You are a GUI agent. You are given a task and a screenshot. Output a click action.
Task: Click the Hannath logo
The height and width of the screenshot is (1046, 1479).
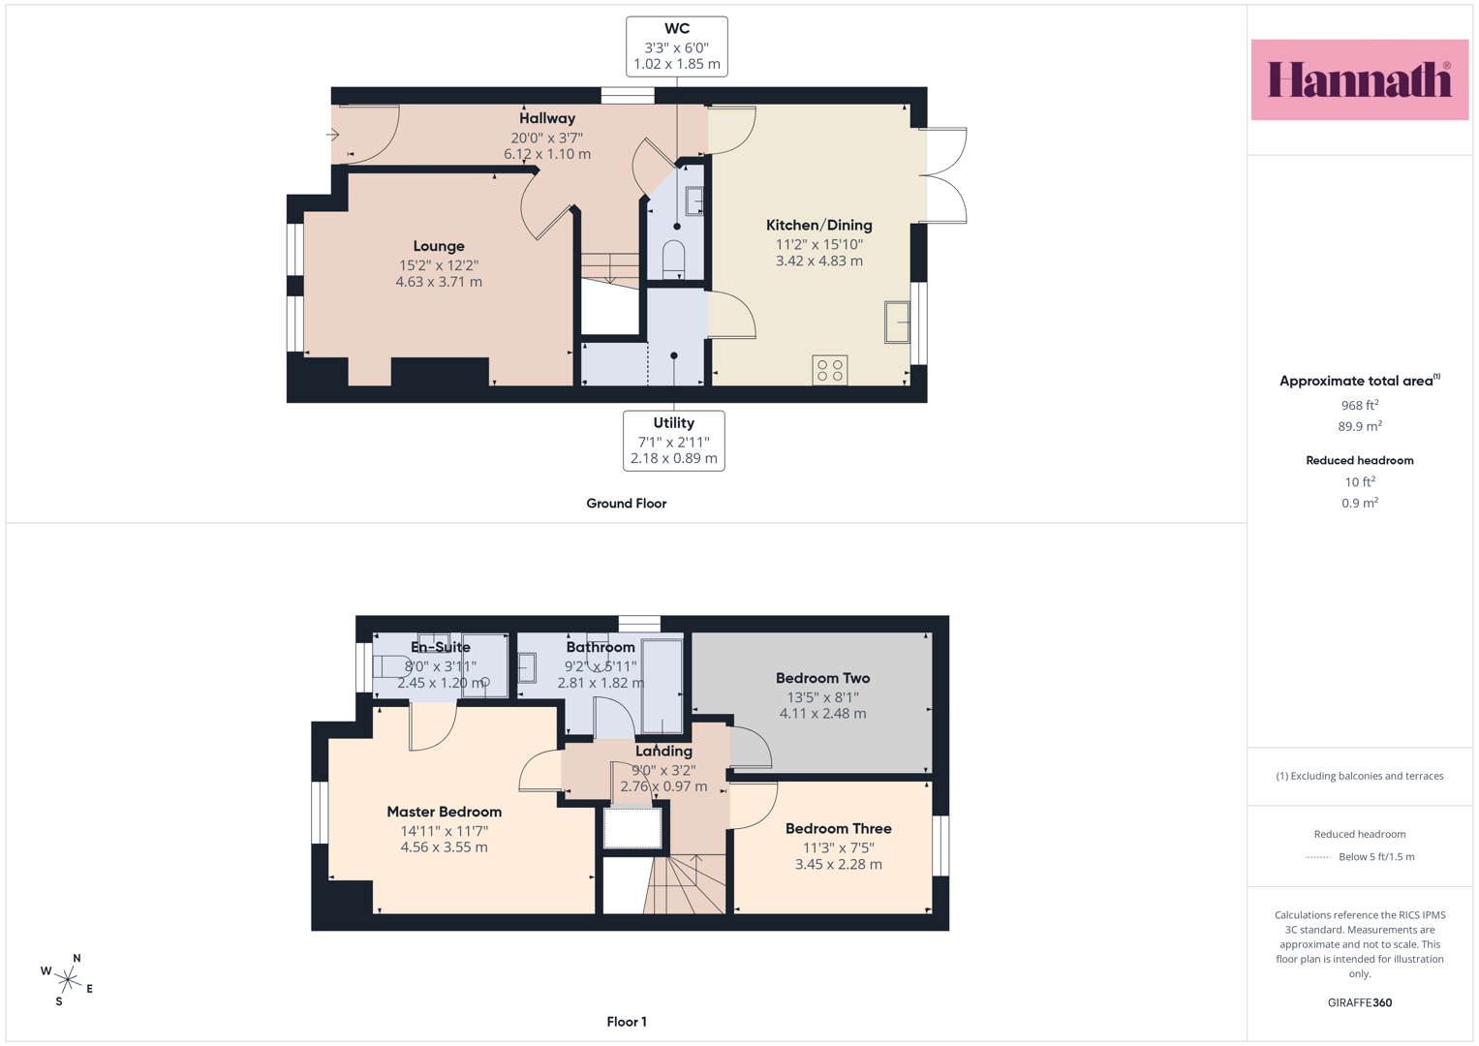[x=1360, y=79]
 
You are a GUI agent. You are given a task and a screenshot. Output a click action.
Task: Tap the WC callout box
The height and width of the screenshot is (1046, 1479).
[x=677, y=46]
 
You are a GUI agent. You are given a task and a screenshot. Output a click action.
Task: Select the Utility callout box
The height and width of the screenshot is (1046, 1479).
[x=673, y=441]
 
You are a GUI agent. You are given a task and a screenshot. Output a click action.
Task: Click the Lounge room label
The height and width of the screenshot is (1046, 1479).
[x=439, y=246]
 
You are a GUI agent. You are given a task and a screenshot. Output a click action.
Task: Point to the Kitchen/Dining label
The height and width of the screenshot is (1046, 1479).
[x=818, y=225]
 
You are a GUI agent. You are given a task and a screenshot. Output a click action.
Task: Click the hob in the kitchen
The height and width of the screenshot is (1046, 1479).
[x=830, y=370]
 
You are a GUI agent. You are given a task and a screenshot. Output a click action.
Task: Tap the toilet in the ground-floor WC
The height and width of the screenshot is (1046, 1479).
[x=674, y=259]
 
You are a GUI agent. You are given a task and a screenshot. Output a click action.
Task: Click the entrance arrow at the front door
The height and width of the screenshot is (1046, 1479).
[x=333, y=135]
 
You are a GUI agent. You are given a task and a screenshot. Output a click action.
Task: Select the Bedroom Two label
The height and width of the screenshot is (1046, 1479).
[x=822, y=678]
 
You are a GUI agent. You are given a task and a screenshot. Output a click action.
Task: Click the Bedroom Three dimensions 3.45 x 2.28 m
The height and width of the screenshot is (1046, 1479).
[x=839, y=864]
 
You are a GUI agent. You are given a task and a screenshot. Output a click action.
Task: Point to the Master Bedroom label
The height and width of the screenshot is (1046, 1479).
[x=445, y=812]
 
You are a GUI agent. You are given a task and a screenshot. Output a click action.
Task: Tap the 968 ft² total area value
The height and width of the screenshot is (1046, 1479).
[x=1360, y=405]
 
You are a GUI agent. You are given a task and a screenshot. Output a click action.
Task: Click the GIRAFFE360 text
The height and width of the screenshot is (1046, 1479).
[x=1360, y=1002]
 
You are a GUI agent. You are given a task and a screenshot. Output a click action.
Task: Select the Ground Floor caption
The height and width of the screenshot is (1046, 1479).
[x=627, y=504]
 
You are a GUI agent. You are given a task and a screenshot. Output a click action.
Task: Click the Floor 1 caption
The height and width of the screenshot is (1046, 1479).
[x=627, y=1022]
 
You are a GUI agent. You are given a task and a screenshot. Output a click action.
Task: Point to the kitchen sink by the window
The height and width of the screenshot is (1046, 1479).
[x=897, y=323]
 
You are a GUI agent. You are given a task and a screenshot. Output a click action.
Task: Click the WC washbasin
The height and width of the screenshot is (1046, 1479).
[x=693, y=201]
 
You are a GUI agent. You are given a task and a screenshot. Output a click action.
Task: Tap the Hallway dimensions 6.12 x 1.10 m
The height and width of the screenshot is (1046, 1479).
[x=547, y=154]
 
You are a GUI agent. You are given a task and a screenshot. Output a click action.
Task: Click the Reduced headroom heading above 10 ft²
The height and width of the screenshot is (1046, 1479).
[x=1360, y=460]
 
